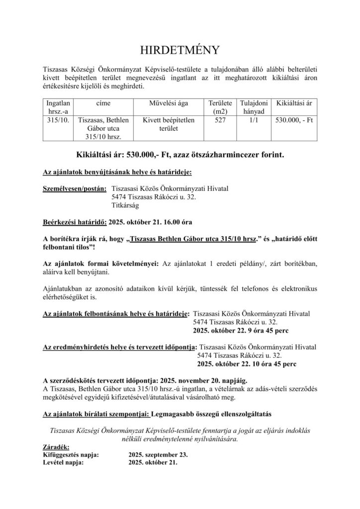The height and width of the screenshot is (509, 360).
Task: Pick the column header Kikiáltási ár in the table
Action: click(294, 103)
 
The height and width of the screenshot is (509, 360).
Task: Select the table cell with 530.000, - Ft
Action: click(294, 120)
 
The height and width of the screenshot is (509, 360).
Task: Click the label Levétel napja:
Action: click(64, 462)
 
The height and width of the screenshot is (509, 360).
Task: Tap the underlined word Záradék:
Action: click(57, 446)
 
